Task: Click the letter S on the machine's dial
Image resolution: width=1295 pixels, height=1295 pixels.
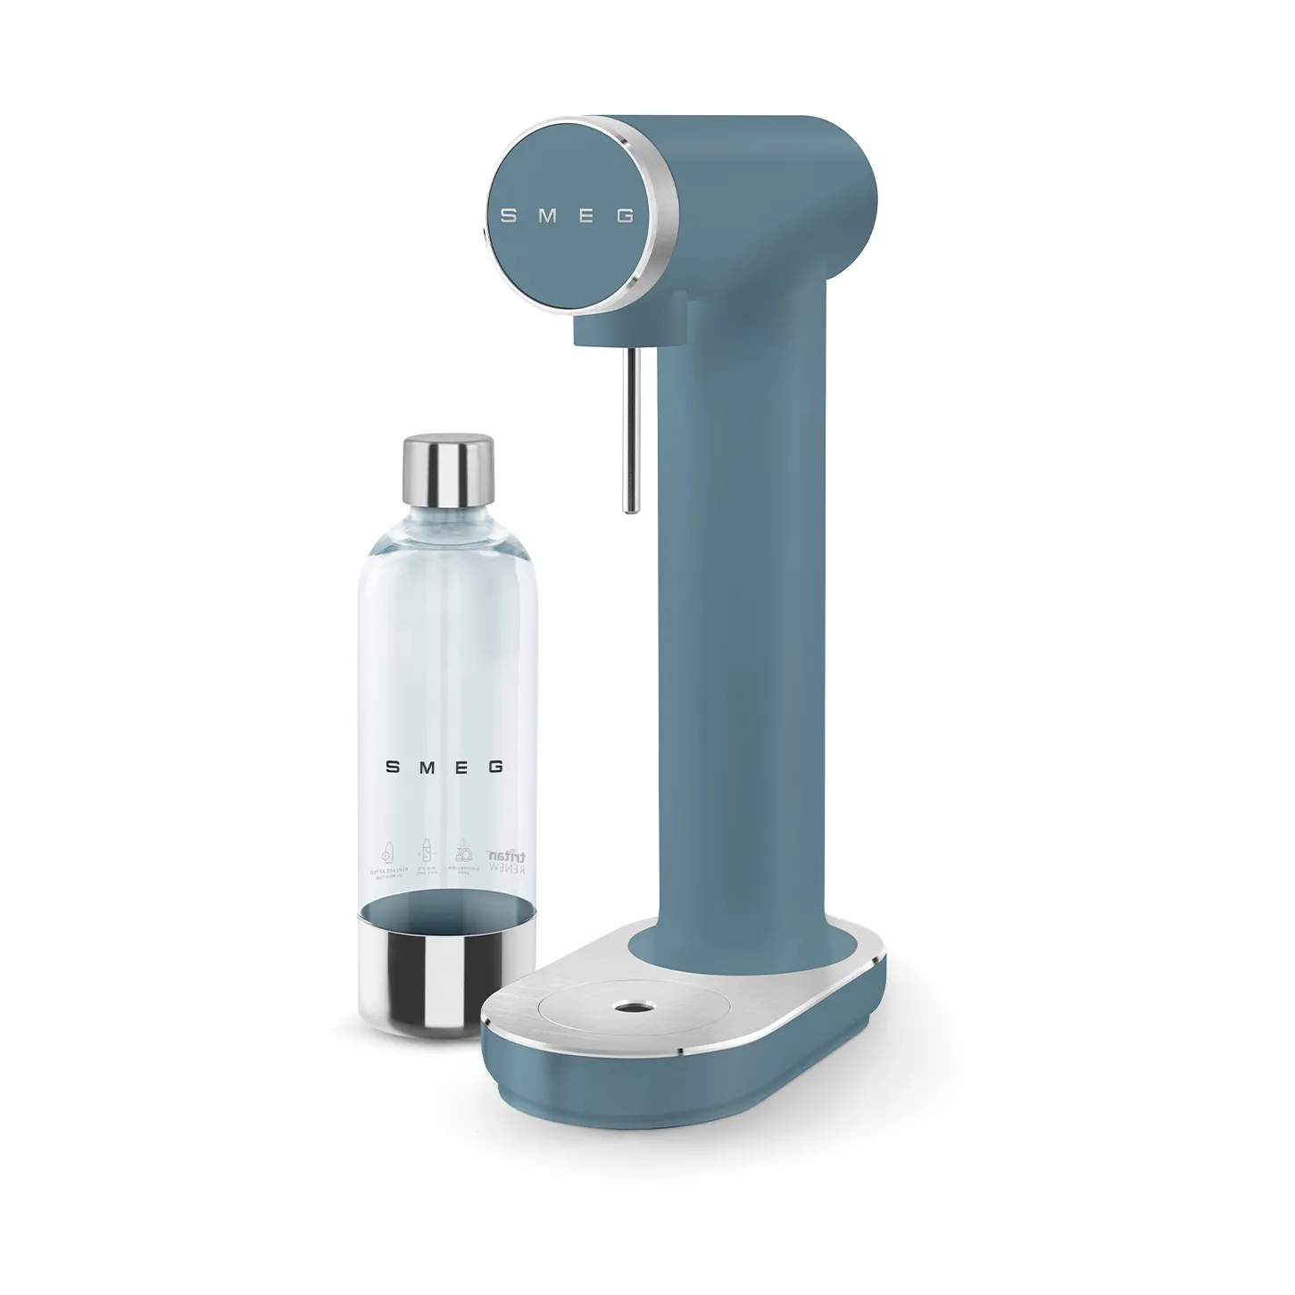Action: tap(507, 216)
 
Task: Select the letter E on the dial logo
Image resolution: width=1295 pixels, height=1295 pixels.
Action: tap(587, 216)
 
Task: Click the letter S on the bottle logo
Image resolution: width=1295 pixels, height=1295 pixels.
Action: tap(390, 767)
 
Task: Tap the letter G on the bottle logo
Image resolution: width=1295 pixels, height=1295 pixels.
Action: tap(496, 767)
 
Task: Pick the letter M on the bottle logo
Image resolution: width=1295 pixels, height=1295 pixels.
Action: tap(426, 767)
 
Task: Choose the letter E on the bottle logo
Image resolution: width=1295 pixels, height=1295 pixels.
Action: tap(461, 767)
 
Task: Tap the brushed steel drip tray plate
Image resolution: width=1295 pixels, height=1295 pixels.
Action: tap(553, 1009)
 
